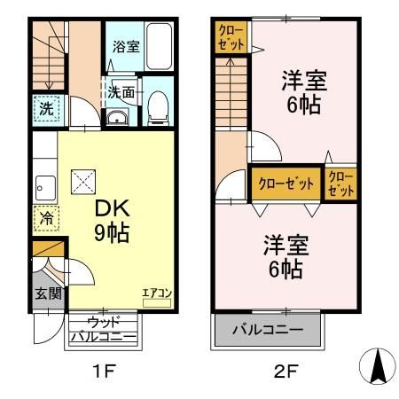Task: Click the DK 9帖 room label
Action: coord(113,220)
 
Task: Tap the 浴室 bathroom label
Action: coord(126,47)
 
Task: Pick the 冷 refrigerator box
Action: coord(46,217)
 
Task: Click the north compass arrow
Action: coord(377,365)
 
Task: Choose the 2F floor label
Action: coord(285,371)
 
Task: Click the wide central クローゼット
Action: coord(286,184)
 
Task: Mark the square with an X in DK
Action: coord(82,182)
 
